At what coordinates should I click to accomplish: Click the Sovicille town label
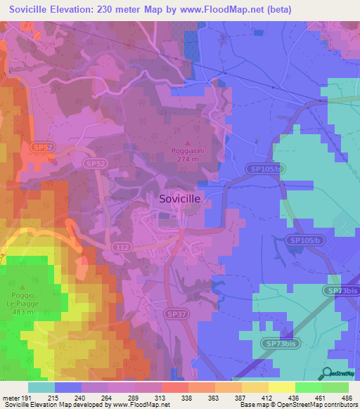tap(180, 199)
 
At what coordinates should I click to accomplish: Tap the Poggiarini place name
tap(186, 151)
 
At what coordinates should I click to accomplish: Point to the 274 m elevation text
tap(186, 159)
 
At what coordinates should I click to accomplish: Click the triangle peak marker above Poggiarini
tap(186, 143)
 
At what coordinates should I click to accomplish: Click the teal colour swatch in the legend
tap(41, 387)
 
